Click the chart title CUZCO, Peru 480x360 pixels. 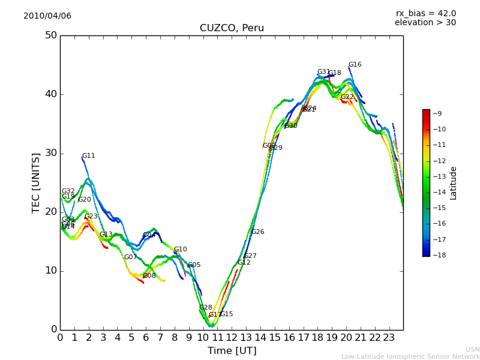232,28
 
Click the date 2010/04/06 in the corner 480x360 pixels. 47,16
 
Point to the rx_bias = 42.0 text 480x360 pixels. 425,14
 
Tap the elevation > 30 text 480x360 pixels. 425,23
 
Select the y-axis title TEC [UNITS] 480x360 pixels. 36,182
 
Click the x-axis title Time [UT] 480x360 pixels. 232,351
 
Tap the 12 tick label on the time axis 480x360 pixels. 232,337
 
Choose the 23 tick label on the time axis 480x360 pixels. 389,337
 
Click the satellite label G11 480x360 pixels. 88,156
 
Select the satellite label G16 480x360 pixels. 355,65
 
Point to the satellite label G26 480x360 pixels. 257,232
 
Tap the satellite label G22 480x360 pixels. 347,97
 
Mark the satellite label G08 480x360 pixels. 149,276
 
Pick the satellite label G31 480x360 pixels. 323,72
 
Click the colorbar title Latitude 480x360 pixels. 454,183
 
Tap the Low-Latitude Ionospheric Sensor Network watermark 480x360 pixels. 410,357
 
